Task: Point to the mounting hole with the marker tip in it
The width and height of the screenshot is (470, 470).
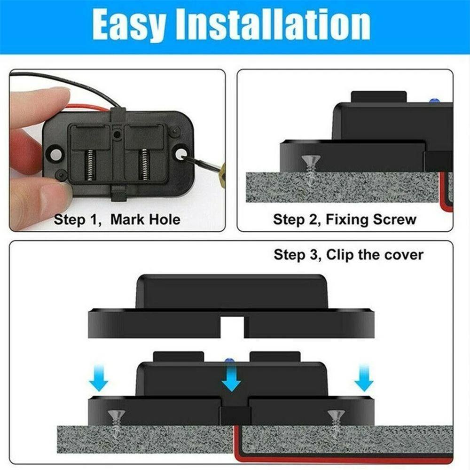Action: click(181, 153)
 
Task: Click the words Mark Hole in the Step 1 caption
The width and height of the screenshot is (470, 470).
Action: click(145, 219)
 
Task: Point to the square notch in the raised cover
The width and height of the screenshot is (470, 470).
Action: click(232, 325)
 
